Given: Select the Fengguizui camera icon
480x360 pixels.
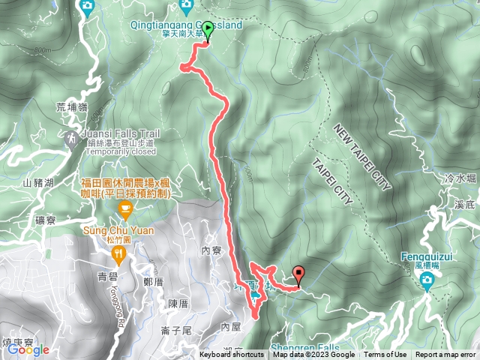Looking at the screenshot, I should point(427,280).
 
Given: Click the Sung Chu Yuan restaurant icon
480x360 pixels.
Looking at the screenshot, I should point(118,256).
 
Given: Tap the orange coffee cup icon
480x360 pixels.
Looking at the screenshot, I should point(124,207).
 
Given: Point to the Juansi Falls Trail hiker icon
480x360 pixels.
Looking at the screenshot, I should point(70,139).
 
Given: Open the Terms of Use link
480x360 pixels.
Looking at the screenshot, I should point(385,355).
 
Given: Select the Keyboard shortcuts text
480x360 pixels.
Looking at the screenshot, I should point(232,355).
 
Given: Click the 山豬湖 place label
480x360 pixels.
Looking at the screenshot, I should point(38,182).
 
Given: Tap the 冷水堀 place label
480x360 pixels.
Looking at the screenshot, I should point(460,178).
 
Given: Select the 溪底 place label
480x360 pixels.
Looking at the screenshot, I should point(465,204).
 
